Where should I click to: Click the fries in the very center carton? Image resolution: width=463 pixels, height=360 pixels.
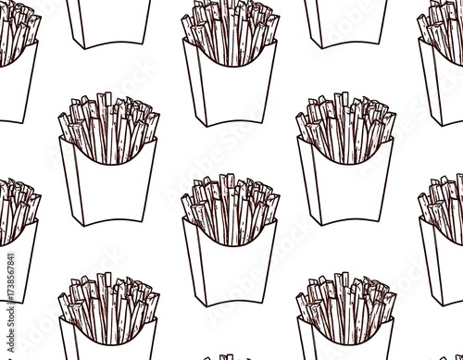click(229, 208)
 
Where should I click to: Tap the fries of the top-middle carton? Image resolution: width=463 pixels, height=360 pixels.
click(229, 32)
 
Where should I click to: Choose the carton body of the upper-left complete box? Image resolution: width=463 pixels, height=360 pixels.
click(109, 185)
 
